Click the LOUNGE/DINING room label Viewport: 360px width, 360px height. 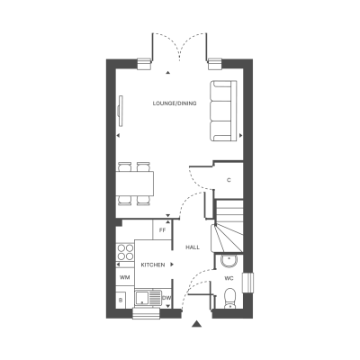[x=175, y=103]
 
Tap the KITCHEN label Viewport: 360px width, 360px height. [x=153, y=265]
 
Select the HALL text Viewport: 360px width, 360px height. [x=193, y=247]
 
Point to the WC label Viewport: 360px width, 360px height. [x=229, y=278]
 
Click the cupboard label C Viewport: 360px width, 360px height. [x=229, y=180]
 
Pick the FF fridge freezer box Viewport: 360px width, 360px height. [x=162, y=230]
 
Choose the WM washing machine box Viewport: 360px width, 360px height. [x=125, y=277]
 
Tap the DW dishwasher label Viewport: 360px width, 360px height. [x=166, y=298]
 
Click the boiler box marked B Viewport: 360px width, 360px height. [x=121, y=301]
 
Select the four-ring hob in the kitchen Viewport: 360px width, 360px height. [x=125, y=252]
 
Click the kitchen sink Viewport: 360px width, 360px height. [x=148, y=298]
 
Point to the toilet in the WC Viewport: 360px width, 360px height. [x=230, y=299]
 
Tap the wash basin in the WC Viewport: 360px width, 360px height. [x=229, y=261]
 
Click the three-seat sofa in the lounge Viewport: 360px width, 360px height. [x=224, y=111]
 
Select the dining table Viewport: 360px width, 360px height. [x=135, y=183]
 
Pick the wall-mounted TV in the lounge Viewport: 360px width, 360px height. [x=121, y=111]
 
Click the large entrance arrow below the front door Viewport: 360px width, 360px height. [x=196, y=323]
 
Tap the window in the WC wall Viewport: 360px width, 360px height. [x=248, y=283]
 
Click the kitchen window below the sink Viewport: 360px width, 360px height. [x=147, y=313]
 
